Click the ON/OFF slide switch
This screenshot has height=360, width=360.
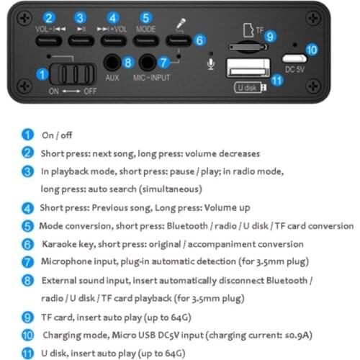(x=73, y=74)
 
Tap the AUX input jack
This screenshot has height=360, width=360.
(x=112, y=63)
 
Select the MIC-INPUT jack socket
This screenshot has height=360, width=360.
(x=148, y=63)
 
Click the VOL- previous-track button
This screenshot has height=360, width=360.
(x=49, y=40)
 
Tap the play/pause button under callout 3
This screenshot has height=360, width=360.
(x=81, y=40)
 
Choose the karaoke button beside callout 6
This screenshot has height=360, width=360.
(x=179, y=40)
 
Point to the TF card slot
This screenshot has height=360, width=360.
(x=248, y=47)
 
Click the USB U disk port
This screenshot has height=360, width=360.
(x=248, y=68)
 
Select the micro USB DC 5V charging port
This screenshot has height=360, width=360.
(x=294, y=58)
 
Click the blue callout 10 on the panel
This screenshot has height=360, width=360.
(x=312, y=50)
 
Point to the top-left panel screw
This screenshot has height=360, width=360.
(x=24, y=19)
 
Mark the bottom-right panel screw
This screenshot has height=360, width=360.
(x=313, y=86)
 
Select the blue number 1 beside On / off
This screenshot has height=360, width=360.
(x=28, y=135)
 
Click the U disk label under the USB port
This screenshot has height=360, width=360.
(x=247, y=88)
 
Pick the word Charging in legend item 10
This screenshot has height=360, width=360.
(x=61, y=336)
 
